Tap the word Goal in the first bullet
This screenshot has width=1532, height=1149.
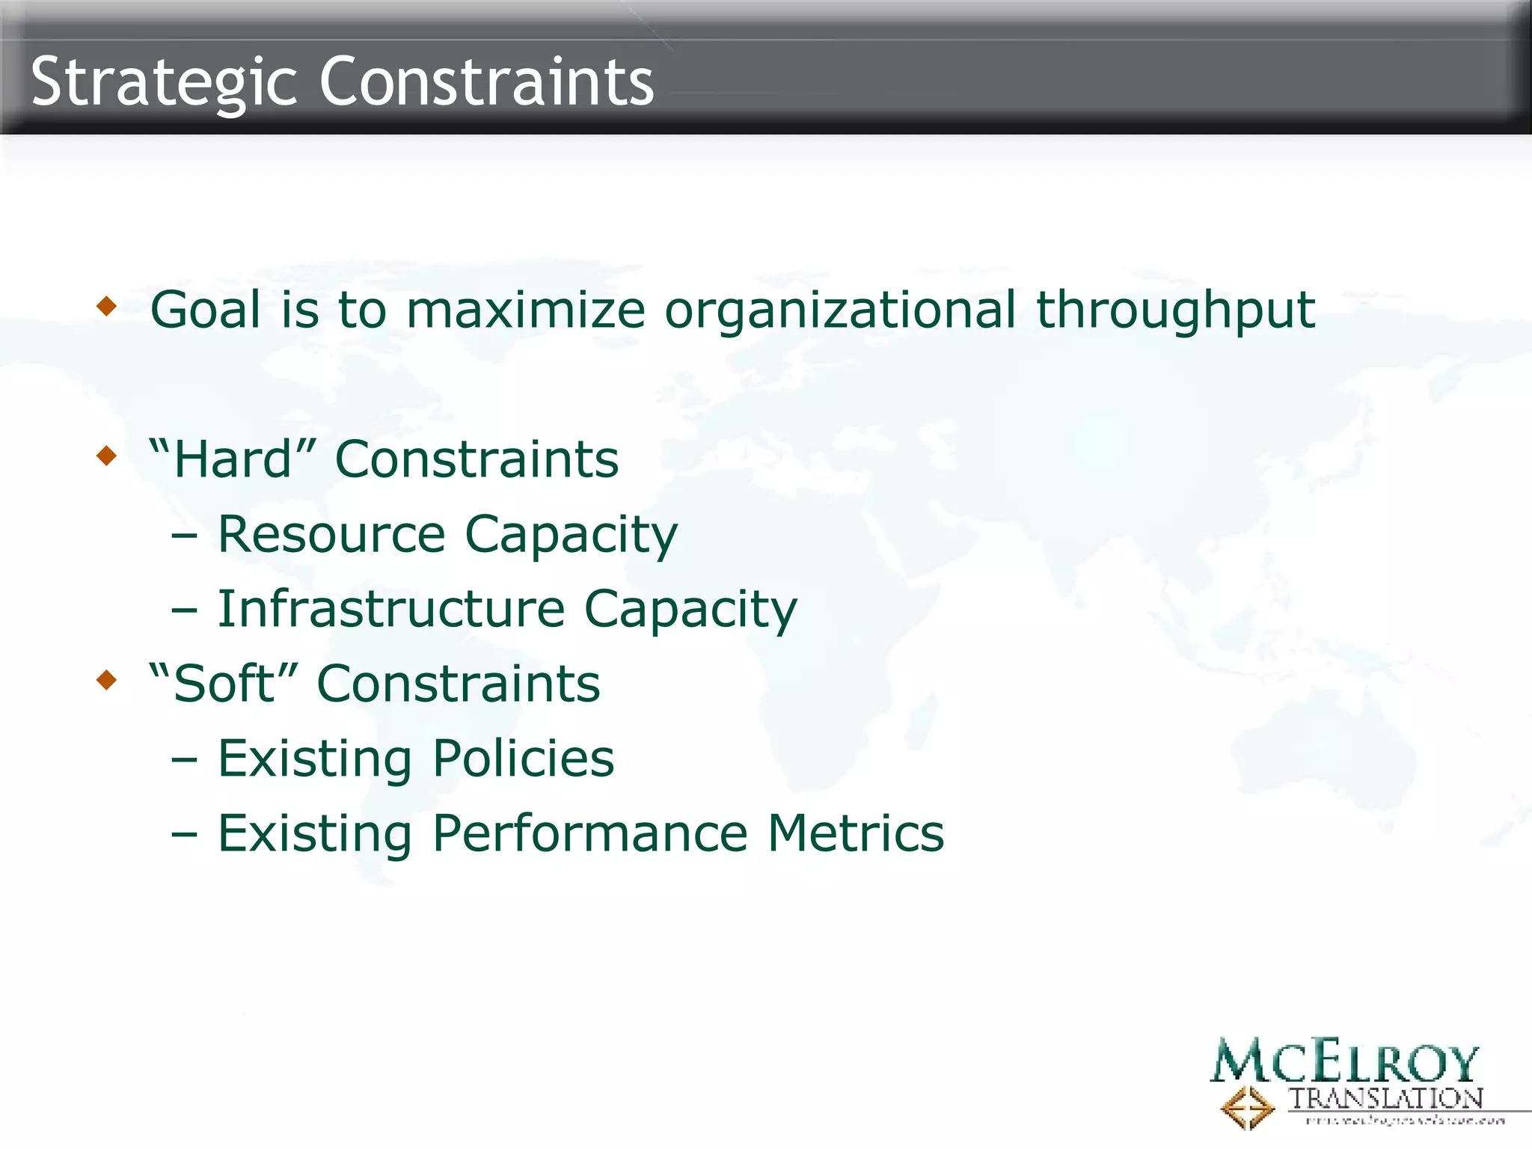(205, 309)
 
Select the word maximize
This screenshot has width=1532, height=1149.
(525, 309)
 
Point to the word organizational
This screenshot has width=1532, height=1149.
(840, 309)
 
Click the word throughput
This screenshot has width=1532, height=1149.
(1174, 310)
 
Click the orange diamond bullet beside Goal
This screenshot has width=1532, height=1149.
(107, 305)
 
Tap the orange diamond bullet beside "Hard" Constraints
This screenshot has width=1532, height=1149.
(107, 455)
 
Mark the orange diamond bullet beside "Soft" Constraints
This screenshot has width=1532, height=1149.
(107, 679)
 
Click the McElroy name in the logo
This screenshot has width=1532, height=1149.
(1344, 1061)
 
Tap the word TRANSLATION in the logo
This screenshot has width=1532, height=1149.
(1385, 1098)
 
